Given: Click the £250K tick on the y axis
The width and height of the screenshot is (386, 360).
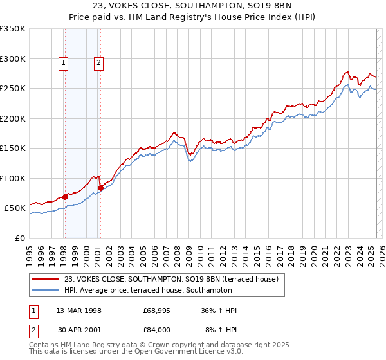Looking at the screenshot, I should pos(12,89).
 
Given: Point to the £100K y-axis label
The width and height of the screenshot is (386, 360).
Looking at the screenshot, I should pos(12,178).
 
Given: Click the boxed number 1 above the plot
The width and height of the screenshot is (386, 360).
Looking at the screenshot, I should pos(64,63).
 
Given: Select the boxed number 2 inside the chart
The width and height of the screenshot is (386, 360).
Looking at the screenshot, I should pos(99,63).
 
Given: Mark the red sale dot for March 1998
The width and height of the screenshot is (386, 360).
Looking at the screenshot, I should pos(65,197).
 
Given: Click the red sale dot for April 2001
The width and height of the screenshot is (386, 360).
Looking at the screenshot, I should pos(100,188).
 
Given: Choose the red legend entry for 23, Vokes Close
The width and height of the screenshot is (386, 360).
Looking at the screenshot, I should pos(171,279).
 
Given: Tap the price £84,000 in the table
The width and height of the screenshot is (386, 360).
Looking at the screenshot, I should pos(157,329).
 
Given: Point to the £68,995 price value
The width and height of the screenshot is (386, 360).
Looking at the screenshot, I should pos(157,310).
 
